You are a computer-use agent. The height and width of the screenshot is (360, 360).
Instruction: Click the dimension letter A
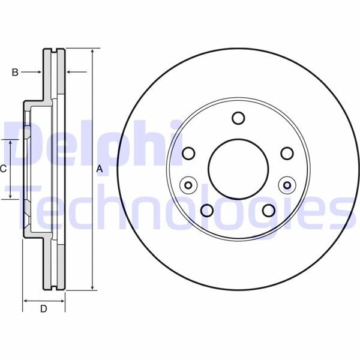[x=100, y=170]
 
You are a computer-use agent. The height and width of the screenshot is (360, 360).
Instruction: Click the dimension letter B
[x=16, y=73]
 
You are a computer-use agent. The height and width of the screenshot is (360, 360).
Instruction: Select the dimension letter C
[x=3, y=169]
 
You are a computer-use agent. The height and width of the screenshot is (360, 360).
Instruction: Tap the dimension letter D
[x=43, y=310]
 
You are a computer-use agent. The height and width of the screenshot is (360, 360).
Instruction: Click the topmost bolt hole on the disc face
[x=238, y=118]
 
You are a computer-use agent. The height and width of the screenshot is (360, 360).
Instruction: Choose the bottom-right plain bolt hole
[x=268, y=210]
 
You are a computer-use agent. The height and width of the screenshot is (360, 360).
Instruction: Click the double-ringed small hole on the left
[x=190, y=184]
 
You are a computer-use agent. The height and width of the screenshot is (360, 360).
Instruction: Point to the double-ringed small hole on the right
[x=286, y=184]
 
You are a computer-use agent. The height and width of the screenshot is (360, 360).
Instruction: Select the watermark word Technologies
[x=180, y=207]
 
